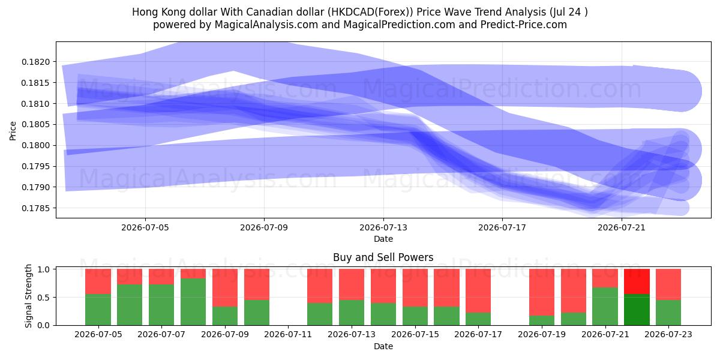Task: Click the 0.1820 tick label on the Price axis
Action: pos(35,62)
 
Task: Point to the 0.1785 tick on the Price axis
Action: pos(35,208)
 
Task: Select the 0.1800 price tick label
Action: pos(35,145)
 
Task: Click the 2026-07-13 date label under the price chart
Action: pos(383,227)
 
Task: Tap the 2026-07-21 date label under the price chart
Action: pos(622,227)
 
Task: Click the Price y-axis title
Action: pos(13,131)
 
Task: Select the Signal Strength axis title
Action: pos(29,296)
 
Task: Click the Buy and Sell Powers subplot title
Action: pos(383,257)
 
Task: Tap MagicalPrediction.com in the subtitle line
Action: pos(399,25)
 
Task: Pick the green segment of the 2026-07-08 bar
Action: pos(193,302)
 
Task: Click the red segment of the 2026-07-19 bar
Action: pos(542,292)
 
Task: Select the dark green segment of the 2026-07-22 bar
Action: pos(637,310)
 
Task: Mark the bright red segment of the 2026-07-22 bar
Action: pos(637,281)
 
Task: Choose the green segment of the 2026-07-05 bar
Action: pos(98,310)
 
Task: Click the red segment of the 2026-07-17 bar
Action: pos(478,290)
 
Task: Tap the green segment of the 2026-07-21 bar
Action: pos(605,307)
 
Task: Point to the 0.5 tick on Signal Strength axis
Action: pos(44,298)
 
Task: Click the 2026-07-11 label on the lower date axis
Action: pos(288,335)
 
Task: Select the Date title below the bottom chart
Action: pos(383,347)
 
